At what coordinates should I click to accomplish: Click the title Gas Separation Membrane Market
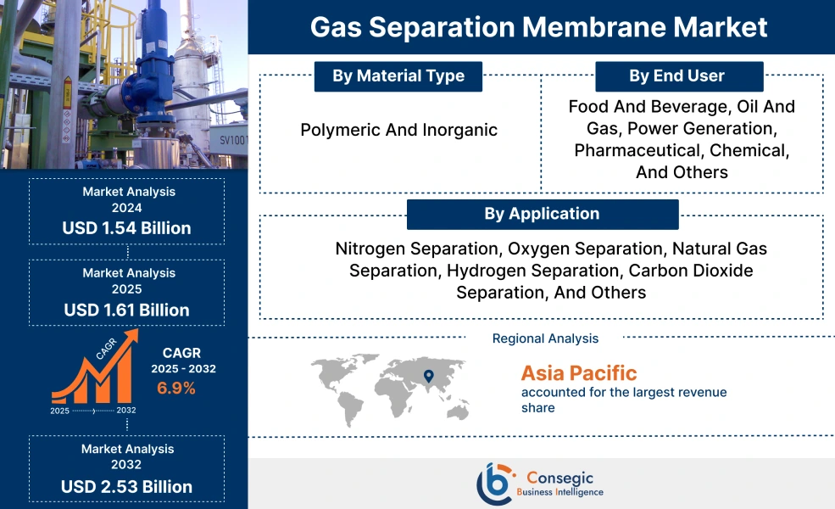tap(539, 26)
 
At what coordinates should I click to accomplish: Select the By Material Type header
tap(398, 76)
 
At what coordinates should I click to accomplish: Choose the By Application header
tap(542, 214)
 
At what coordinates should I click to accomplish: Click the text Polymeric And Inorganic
tap(398, 130)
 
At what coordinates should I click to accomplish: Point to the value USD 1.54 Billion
tap(126, 228)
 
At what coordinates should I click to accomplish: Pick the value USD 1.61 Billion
tap(126, 310)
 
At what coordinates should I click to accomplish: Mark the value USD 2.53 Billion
tap(126, 486)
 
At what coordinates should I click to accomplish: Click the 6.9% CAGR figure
tap(176, 389)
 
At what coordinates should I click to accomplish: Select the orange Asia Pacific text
tap(578, 372)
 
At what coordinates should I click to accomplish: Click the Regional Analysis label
tap(545, 338)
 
